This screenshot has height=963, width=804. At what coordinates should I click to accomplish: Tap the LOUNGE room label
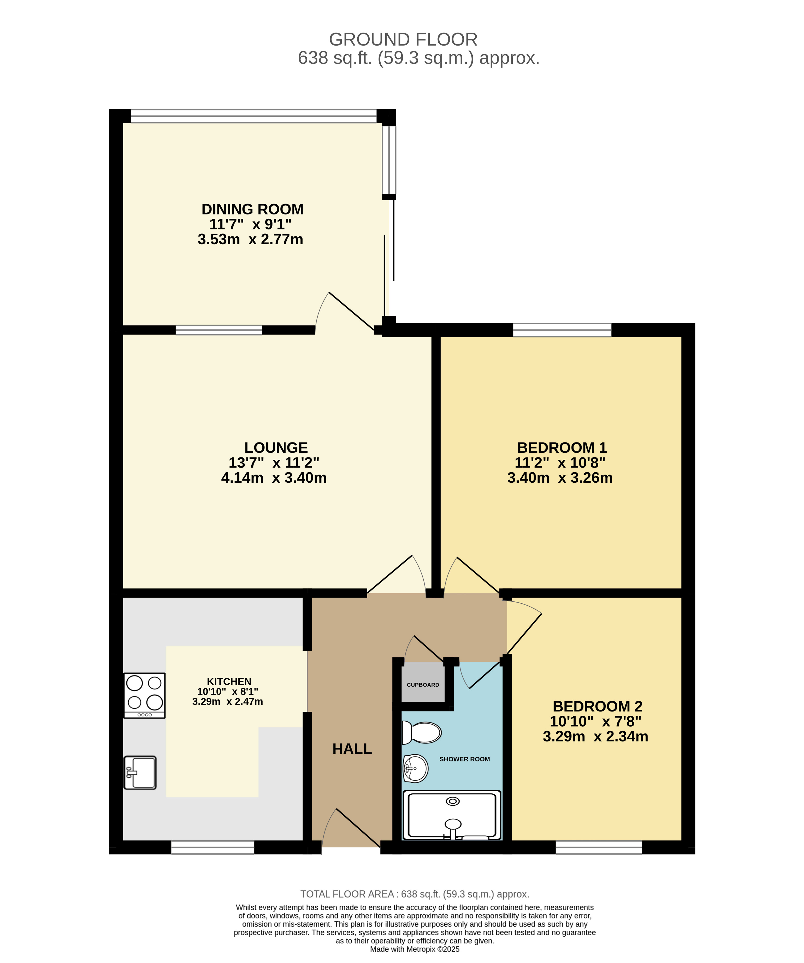point(276,447)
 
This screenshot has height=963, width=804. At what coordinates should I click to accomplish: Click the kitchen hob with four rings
point(145,695)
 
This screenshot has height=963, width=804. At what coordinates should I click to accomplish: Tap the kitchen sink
point(140,773)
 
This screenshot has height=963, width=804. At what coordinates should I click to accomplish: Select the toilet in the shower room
point(421,732)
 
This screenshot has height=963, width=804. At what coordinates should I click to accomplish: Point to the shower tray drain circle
point(453,801)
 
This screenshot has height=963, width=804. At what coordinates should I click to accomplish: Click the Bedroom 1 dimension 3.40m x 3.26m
point(560,478)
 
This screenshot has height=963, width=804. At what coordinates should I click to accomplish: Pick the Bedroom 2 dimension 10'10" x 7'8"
point(596,721)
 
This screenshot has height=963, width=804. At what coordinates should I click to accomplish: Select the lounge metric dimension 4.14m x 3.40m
point(274,478)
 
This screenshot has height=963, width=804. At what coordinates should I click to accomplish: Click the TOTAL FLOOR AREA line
point(415,894)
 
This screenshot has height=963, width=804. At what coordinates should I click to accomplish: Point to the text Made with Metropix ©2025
point(415,949)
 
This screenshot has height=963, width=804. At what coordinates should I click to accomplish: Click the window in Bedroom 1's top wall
point(562,330)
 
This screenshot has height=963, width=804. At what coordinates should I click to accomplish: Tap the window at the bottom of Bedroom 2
point(599,847)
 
